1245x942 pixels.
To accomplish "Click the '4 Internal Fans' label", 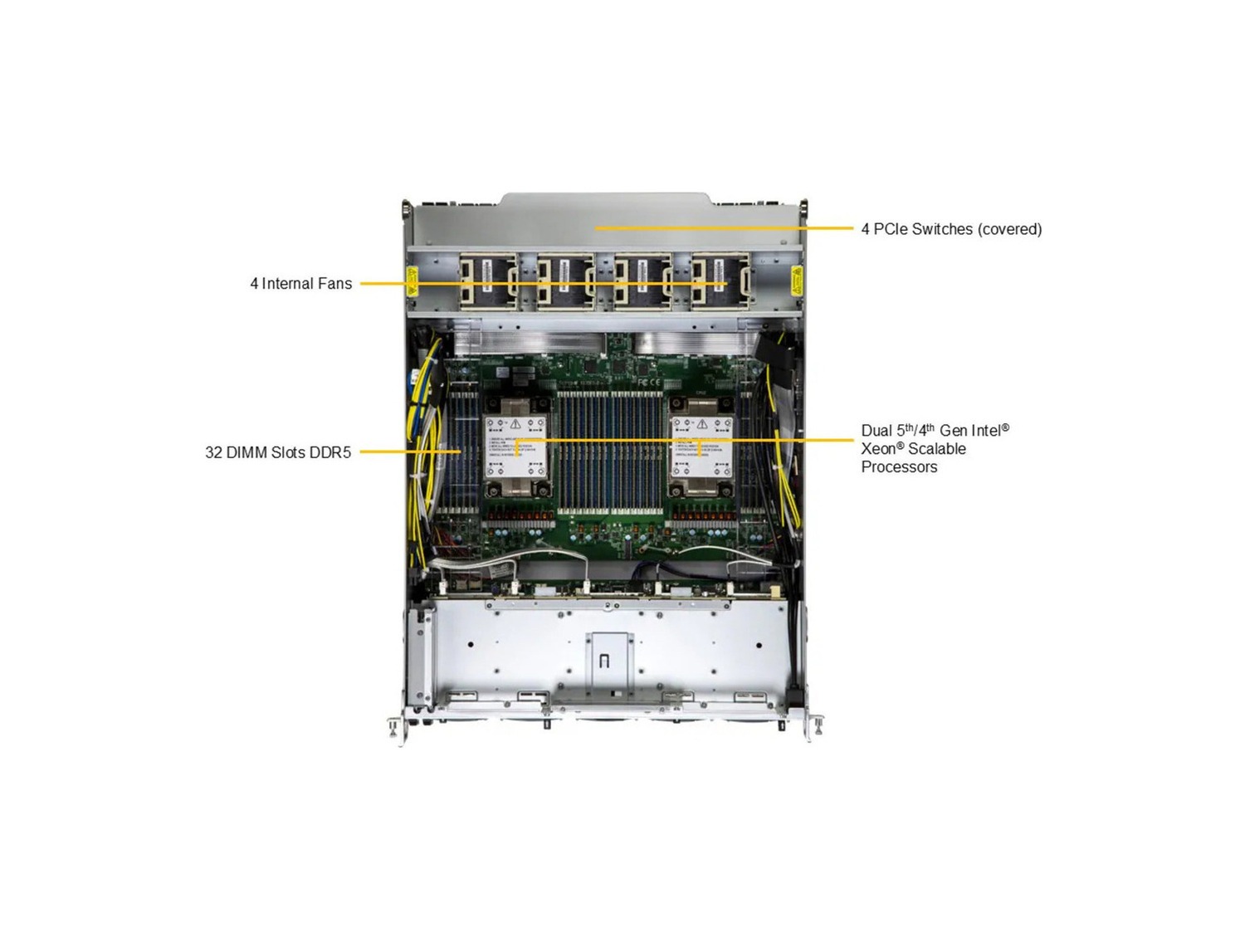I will point(300,284).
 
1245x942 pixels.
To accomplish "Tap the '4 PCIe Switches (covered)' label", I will point(951,229).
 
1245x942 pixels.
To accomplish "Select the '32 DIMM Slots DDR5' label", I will point(278,452).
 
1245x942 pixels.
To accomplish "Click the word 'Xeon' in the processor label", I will point(879,449).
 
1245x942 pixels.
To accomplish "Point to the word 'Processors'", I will point(899,467).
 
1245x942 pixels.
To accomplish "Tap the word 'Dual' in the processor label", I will point(876,431).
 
